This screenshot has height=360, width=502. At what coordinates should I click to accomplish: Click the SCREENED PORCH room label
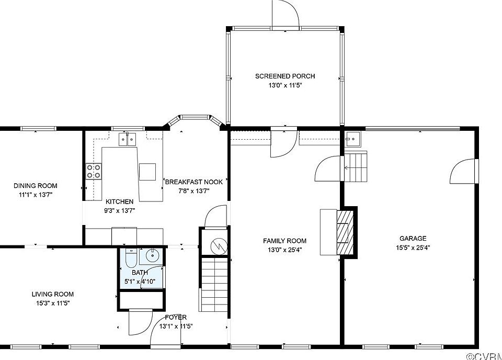285,76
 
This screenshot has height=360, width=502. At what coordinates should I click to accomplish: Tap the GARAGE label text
413,238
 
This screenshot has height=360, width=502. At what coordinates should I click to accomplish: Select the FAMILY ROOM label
284,241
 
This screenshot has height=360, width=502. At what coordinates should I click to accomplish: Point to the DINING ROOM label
35,186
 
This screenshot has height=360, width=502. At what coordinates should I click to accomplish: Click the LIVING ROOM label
52,294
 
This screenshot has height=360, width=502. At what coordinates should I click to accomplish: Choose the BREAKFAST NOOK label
193,182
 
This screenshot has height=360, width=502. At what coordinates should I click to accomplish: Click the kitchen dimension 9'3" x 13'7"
120,211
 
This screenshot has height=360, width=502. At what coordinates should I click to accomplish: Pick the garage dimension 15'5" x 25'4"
413,248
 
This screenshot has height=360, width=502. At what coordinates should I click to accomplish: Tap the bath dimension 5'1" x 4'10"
140,282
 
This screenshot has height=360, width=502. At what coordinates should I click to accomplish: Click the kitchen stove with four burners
93,171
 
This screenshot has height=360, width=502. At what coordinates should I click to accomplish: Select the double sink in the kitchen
127,139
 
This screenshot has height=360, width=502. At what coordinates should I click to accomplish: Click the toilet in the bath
131,258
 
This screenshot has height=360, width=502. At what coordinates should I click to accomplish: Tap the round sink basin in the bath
152,255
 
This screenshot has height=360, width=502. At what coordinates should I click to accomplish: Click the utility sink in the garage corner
352,139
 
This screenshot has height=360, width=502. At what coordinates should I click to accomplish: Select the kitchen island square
147,172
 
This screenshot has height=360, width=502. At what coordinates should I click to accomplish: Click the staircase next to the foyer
214,285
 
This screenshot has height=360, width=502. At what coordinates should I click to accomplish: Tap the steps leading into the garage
356,167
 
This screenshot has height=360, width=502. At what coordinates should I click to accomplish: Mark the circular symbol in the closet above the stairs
219,246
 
